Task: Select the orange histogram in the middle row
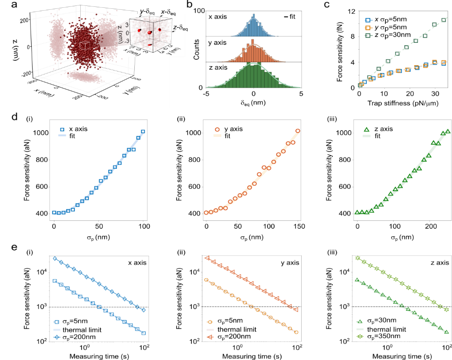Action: pyautogui.click(x=253, y=53)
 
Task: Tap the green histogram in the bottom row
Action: pyautogui.click(x=253, y=75)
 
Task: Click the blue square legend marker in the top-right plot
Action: pyautogui.click(x=368, y=20)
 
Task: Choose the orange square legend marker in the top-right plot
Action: pyautogui.click(x=368, y=28)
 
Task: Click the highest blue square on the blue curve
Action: pyautogui.click(x=143, y=131)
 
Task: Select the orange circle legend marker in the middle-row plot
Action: pyautogui.click(x=217, y=130)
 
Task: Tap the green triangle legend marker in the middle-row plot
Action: pyautogui.click(x=367, y=129)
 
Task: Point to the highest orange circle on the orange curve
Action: pyautogui.click(x=297, y=130)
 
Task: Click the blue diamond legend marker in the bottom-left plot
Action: pyautogui.click(x=57, y=337)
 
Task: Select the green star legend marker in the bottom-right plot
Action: pyautogui.click(x=360, y=336)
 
